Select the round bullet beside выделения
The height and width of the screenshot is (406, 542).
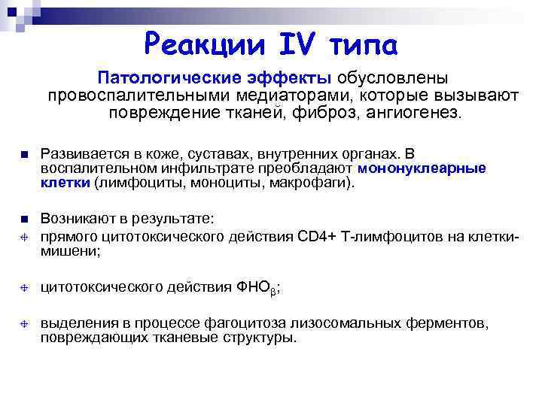click(23, 323)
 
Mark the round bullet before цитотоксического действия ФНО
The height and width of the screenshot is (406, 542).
click(23, 286)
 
